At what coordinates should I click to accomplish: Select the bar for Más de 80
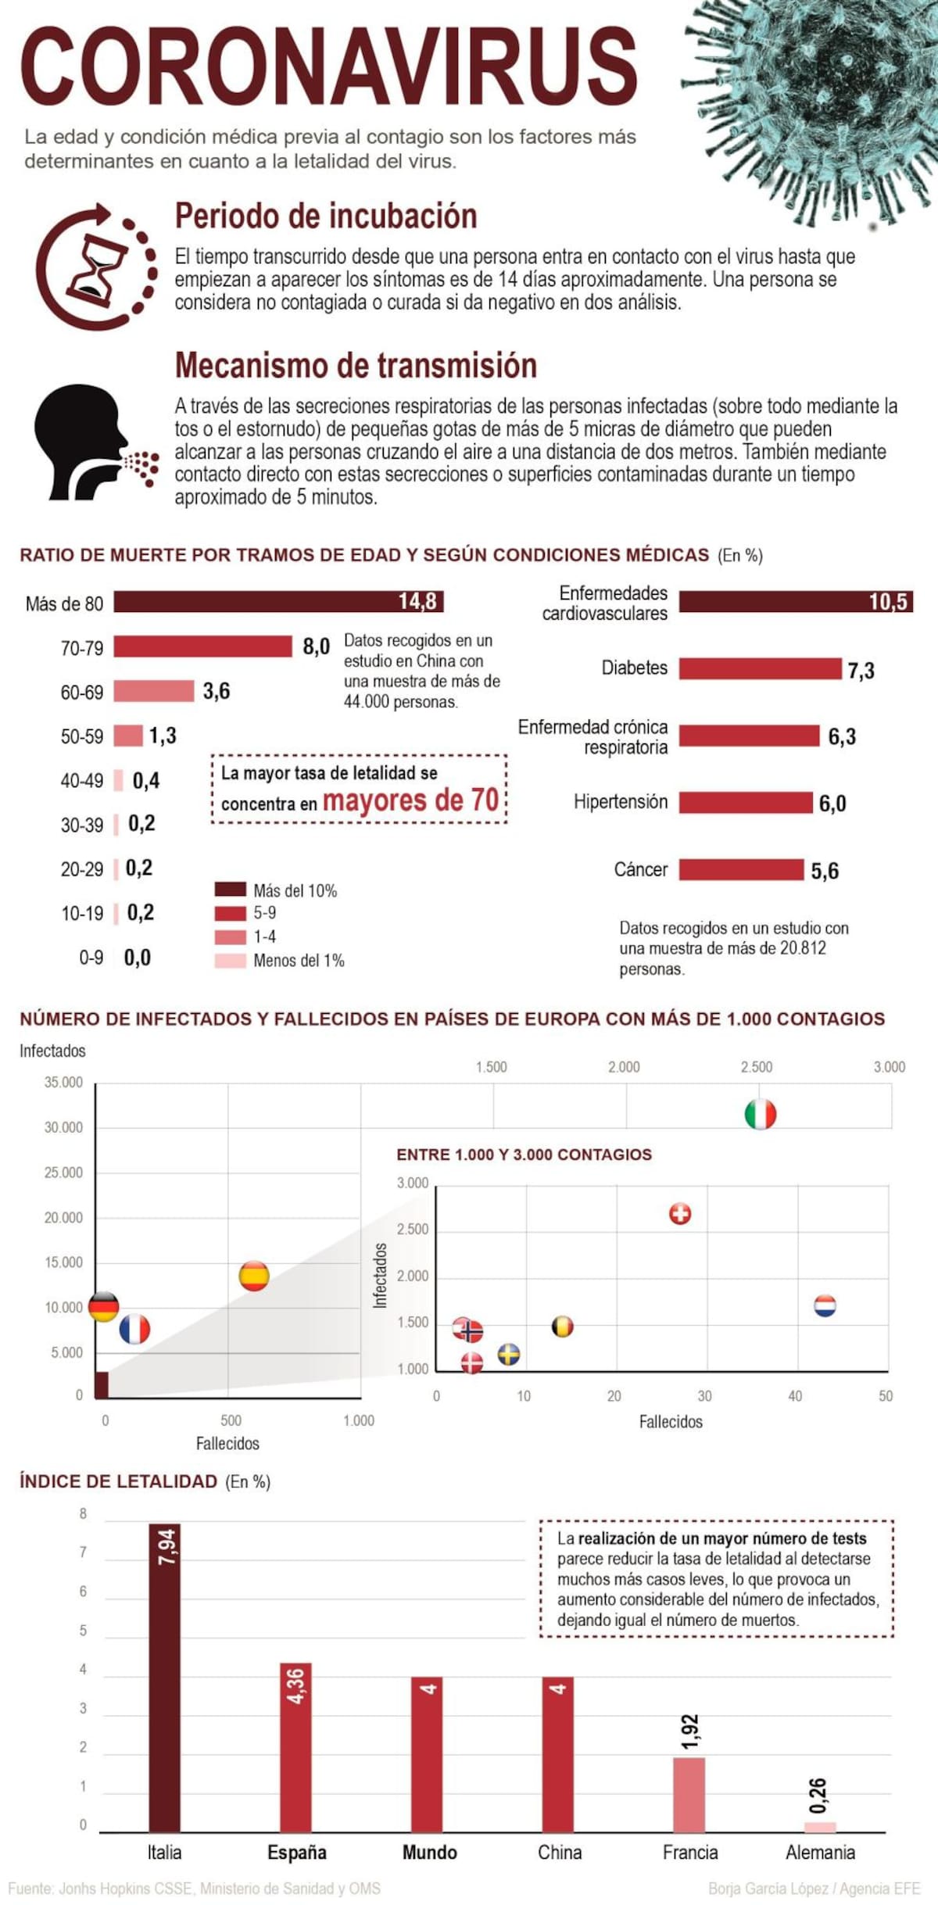coord(278,602)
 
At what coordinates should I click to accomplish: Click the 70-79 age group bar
coord(202,646)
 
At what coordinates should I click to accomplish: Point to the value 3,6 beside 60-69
coord(217,691)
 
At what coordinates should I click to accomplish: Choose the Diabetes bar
coord(760,669)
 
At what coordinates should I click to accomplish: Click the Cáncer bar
coord(741,870)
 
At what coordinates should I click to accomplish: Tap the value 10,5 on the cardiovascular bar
coord(888,602)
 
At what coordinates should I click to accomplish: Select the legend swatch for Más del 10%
coord(230,890)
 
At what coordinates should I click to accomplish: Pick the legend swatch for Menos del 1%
coord(230,961)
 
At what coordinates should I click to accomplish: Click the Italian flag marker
coord(760,1114)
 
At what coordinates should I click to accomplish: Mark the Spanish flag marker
coord(254,1276)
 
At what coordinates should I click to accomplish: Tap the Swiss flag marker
coord(680,1214)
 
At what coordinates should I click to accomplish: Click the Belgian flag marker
coord(563,1327)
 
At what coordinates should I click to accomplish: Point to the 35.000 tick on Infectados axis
coord(63,1083)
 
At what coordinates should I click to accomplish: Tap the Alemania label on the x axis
coord(820,1853)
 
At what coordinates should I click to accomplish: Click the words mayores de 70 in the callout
coord(410,800)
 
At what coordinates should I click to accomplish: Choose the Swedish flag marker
coord(509,1354)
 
